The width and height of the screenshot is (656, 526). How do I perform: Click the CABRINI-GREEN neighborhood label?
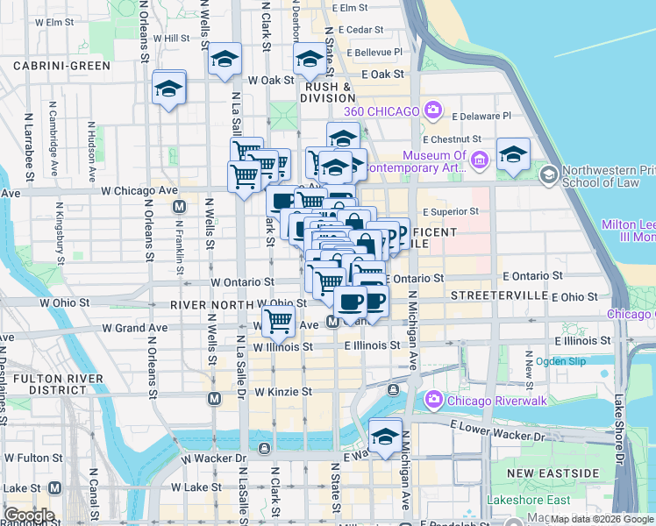click(x=61, y=66)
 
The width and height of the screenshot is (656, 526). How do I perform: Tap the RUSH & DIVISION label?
click(x=329, y=93)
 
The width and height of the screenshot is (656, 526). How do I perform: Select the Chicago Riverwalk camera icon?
click(x=433, y=401)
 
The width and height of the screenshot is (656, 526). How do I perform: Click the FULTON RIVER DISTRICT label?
click(x=49, y=383)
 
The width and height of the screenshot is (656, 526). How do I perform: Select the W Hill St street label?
click(x=171, y=38)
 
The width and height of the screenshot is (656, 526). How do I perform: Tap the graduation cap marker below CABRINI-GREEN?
click(x=168, y=89)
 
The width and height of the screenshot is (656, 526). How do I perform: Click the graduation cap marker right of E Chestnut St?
click(x=512, y=154)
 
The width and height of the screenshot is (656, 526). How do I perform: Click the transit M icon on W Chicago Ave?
click(x=180, y=207)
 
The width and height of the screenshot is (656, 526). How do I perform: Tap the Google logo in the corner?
click(x=28, y=515)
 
